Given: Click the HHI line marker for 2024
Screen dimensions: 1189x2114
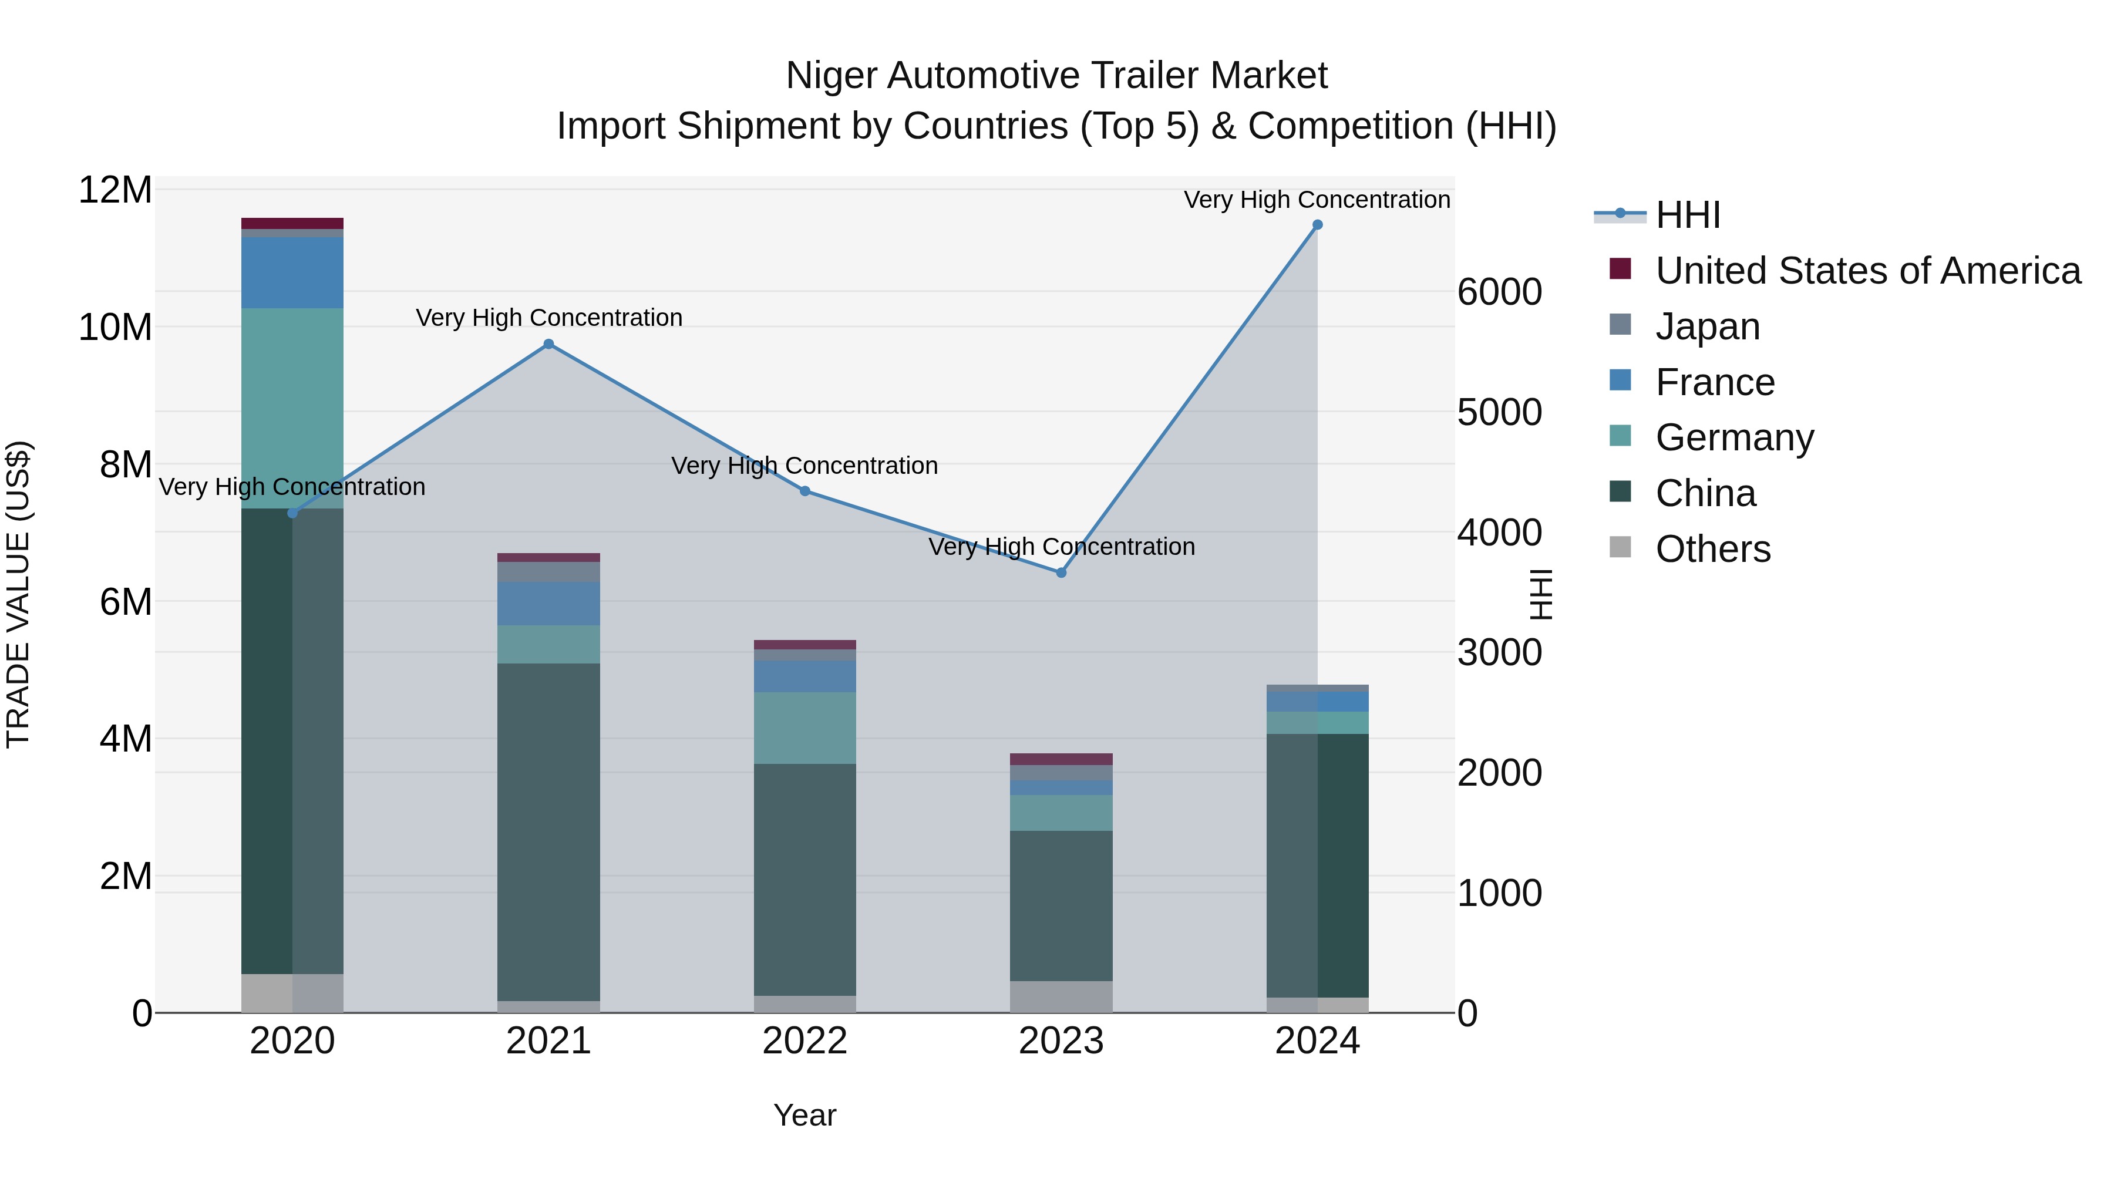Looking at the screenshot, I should (x=1317, y=225).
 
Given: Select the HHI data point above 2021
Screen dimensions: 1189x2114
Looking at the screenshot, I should (x=549, y=345).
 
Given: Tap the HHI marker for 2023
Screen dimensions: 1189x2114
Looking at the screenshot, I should (x=1061, y=572).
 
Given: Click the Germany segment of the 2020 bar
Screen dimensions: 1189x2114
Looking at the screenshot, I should (x=292, y=408).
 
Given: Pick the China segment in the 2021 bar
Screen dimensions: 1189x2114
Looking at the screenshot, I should (x=549, y=831).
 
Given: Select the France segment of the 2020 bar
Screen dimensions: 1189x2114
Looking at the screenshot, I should (x=292, y=272).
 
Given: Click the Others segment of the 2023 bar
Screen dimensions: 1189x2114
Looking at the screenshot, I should (x=1061, y=996).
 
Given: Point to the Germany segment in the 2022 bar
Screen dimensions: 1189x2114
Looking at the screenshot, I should (x=805, y=728).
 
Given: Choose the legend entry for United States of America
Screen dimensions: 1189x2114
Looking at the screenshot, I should (x=1867, y=271).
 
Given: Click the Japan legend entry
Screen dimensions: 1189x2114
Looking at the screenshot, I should (x=1707, y=326).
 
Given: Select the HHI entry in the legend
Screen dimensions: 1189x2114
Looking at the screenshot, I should (x=1687, y=215).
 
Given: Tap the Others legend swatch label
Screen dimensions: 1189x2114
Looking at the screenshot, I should (x=1713, y=549).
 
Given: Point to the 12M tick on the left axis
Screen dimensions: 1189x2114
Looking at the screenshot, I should (x=115, y=190).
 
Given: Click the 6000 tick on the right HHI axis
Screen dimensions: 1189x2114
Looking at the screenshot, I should (x=1499, y=292).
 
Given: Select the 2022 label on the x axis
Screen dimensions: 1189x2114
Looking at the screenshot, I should (x=805, y=1041).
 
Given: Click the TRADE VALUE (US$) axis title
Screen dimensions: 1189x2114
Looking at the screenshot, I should (x=18, y=594).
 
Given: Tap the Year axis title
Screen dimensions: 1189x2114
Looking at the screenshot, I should (x=805, y=1115).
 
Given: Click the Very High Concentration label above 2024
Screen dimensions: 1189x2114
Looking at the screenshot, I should (x=1317, y=200).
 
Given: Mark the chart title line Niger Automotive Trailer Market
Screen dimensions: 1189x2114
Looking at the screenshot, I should (x=1056, y=76).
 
